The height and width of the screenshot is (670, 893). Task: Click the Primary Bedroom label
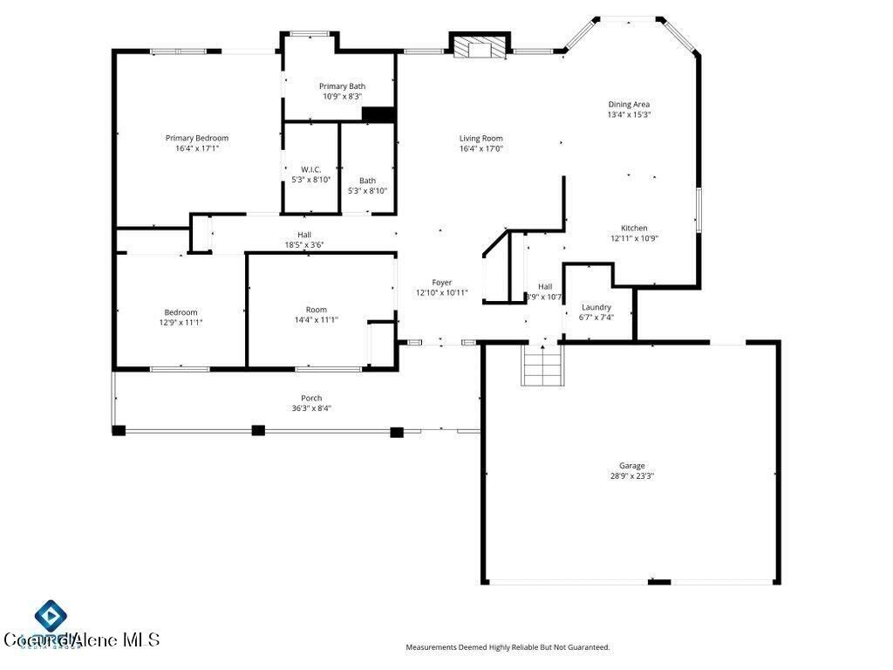[197, 138]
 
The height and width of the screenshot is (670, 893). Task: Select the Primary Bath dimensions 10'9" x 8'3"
[342, 97]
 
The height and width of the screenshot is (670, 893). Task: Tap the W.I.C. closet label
[311, 169]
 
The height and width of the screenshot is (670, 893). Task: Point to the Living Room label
[481, 138]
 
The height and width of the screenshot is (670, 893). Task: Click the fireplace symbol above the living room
[479, 47]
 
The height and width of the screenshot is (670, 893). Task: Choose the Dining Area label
[629, 105]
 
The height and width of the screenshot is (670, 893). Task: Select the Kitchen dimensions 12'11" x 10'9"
[634, 238]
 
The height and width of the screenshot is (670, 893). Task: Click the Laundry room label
[596, 307]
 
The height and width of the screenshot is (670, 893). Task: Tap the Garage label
[632, 466]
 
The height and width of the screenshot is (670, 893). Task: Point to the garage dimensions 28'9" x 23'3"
[632, 476]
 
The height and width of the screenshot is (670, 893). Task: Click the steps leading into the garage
[541, 365]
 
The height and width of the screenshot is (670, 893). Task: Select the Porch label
[311, 398]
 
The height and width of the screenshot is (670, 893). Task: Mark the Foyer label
[442, 283]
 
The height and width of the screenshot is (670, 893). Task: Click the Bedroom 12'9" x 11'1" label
[181, 312]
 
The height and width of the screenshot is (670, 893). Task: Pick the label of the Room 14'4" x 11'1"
[316, 310]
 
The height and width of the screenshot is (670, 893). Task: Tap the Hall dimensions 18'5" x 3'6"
[304, 245]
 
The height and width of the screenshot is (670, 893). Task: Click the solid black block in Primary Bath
[378, 114]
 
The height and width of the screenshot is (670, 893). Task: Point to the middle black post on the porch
[257, 430]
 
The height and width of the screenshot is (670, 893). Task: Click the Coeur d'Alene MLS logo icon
[51, 617]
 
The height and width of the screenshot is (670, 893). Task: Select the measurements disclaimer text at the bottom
[508, 647]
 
